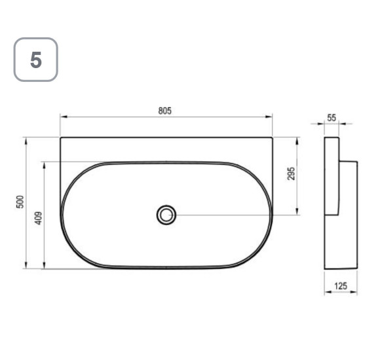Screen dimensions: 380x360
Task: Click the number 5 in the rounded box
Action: point(36,60)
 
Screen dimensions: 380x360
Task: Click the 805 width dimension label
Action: point(165,111)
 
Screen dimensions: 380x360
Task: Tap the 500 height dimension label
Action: point(20,202)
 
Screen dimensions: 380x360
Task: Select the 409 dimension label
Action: point(38,218)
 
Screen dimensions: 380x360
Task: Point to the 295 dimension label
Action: point(291,173)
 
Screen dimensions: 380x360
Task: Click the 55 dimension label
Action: point(332,118)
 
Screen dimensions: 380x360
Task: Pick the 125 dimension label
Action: point(341,286)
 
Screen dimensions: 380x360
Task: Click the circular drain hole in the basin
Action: point(166,215)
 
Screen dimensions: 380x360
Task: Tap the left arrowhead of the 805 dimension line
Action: point(64,117)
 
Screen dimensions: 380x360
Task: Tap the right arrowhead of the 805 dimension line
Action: point(269,117)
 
